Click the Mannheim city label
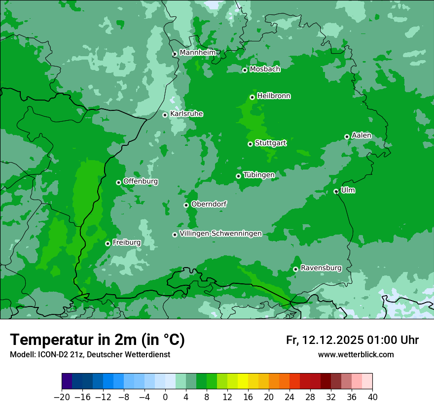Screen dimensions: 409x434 click(197, 52)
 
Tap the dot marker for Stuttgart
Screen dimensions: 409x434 click(251, 144)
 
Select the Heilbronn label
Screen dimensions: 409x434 click(274, 96)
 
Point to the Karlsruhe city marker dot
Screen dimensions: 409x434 click(165, 115)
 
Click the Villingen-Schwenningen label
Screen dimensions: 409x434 click(220, 234)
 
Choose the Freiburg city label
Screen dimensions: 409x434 click(126, 242)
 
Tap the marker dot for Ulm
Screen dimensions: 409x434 click(336, 191)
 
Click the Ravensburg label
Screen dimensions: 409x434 click(321, 268)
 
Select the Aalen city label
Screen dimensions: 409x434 click(362, 136)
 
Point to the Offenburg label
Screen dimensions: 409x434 click(141, 181)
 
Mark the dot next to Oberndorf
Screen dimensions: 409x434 click(186, 205)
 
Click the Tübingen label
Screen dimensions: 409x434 click(259, 175)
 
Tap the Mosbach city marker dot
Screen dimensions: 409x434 click(245, 70)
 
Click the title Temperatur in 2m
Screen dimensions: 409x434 click(97, 340)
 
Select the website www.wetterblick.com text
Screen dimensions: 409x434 click(356, 354)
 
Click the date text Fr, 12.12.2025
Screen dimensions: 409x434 click(325, 340)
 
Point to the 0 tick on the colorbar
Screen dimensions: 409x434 click(165, 397)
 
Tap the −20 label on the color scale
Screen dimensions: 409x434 click(62, 397)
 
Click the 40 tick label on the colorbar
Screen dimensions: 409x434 click(372, 397)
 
